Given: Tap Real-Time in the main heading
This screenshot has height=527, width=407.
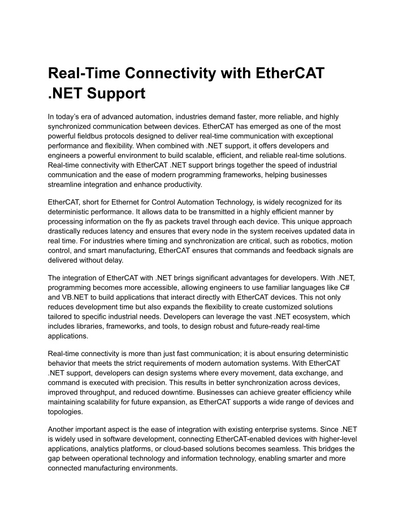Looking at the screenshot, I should tap(83, 73).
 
